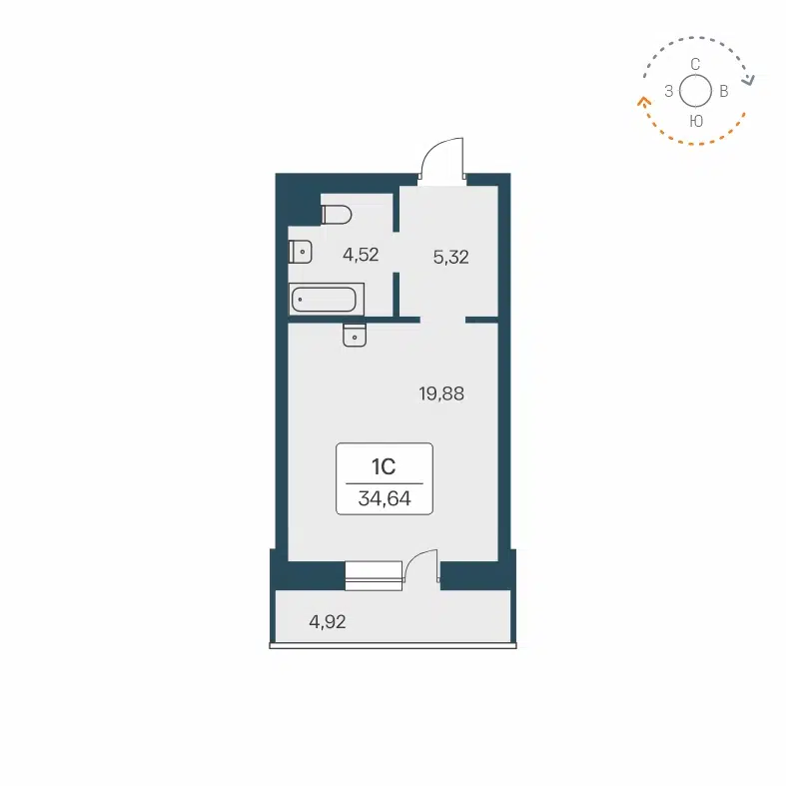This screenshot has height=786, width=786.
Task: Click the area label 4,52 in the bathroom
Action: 361,255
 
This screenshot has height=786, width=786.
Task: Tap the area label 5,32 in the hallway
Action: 450,257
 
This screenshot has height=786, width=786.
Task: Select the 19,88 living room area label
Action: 441,393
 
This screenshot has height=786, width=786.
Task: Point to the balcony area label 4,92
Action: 328,621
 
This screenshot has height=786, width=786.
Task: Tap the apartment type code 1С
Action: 385,466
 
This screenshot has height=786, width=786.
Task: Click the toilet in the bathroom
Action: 337,214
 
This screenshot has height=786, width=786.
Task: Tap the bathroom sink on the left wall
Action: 301,251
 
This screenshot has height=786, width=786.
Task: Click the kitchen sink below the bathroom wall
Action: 357,336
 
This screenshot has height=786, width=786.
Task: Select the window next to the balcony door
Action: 373,575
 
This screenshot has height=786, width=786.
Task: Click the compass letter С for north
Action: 695,63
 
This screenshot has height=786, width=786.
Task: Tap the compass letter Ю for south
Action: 696,120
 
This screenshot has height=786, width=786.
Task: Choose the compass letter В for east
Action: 724,92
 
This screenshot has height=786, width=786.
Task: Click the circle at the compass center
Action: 695,91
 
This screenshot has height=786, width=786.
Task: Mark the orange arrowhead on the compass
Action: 640,99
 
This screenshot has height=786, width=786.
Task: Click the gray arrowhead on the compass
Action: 751,81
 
